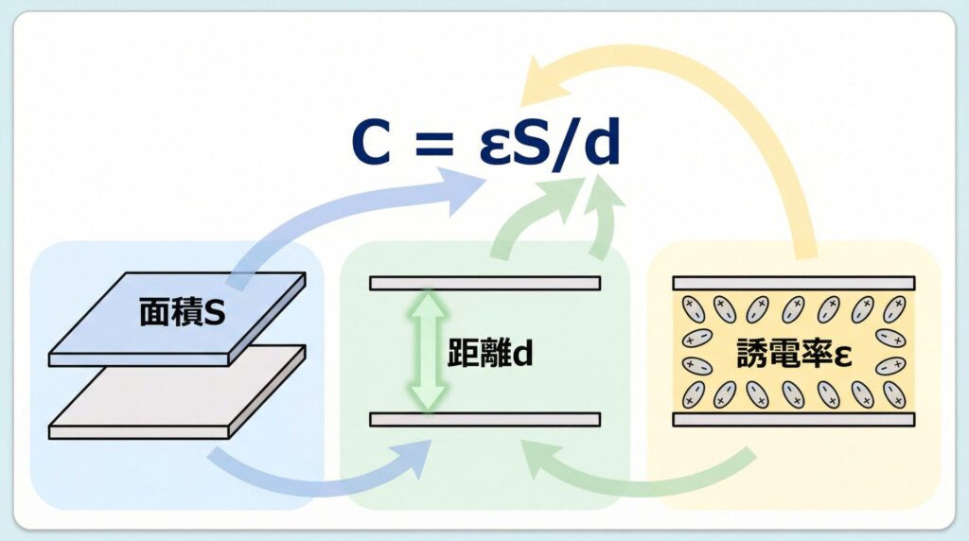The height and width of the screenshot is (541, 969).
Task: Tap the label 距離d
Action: coord(490,352)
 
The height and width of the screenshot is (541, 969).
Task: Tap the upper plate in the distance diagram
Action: coord(484,283)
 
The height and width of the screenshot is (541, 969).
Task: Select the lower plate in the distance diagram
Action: coord(484,419)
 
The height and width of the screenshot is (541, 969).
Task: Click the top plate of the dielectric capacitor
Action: coord(793,283)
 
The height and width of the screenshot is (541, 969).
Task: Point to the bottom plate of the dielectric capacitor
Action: coord(793,419)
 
